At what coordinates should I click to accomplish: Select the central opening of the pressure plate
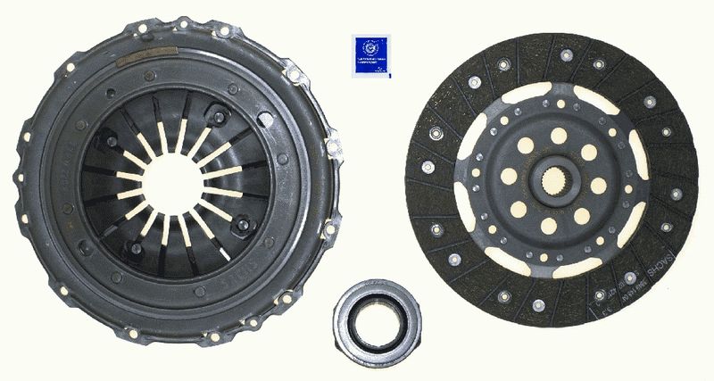point(172,183)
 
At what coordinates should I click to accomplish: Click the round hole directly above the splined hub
point(558,135)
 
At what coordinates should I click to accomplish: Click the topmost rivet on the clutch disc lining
point(566,54)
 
